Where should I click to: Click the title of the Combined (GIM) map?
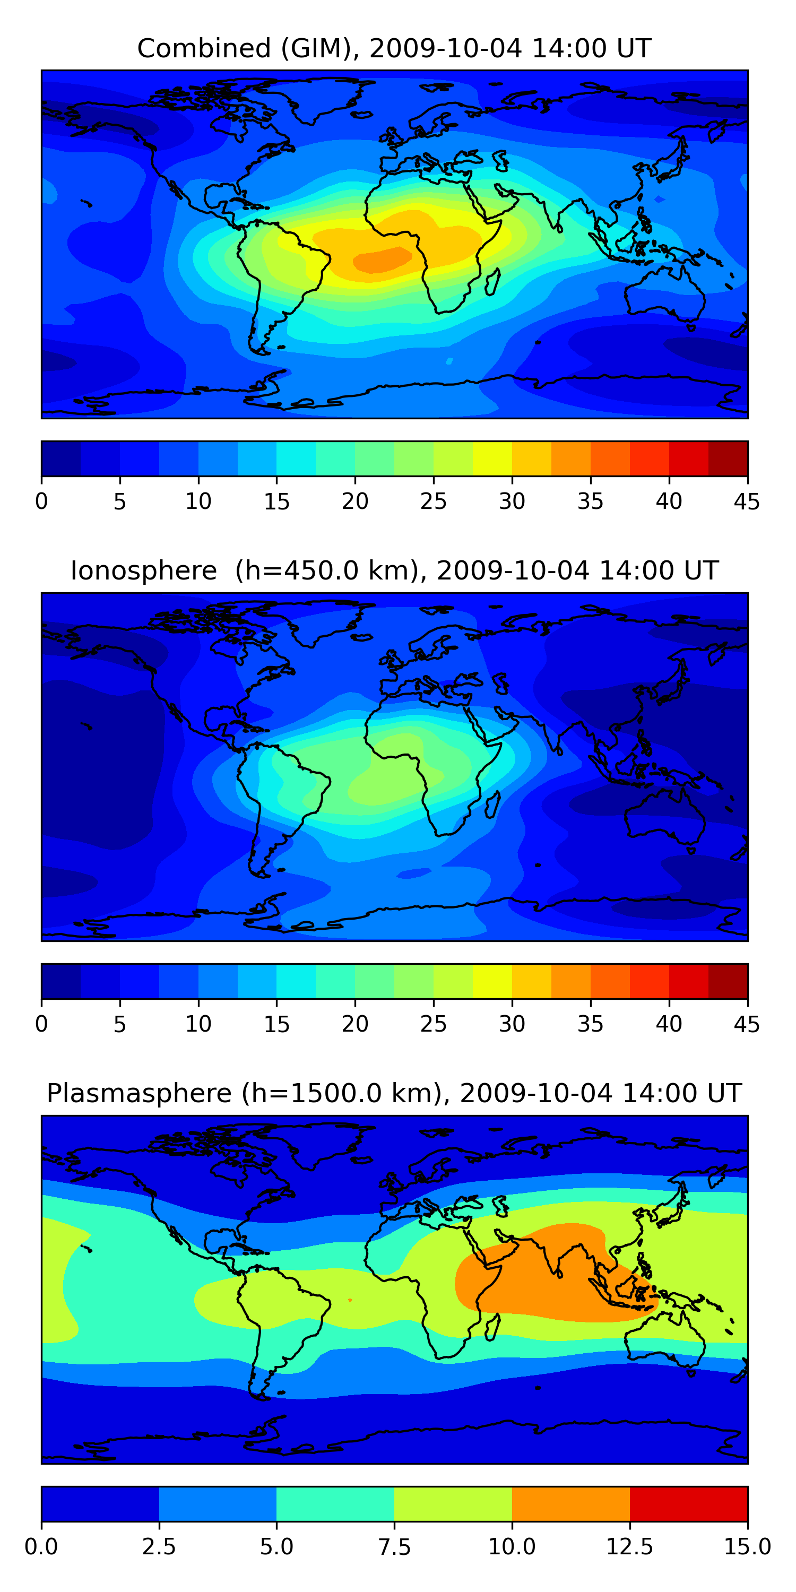point(394,48)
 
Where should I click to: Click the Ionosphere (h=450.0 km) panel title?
point(394,570)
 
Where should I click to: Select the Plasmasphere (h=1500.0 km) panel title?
point(394,1093)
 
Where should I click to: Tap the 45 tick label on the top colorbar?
point(747,501)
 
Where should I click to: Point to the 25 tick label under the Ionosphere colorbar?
point(433,1024)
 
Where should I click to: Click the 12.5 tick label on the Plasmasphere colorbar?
point(629,1547)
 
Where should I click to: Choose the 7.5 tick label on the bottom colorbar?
point(394,1547)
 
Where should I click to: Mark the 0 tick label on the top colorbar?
point(41,501)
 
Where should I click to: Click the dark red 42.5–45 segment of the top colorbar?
point(728,458)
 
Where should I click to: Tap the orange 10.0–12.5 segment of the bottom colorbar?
point(570,1503)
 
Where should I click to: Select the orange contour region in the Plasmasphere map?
point(544,1273)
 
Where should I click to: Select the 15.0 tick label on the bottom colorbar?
point(747,1547)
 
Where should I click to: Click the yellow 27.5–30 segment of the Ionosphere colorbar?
point(492,981)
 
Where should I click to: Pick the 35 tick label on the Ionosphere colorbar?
point(590,1024)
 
